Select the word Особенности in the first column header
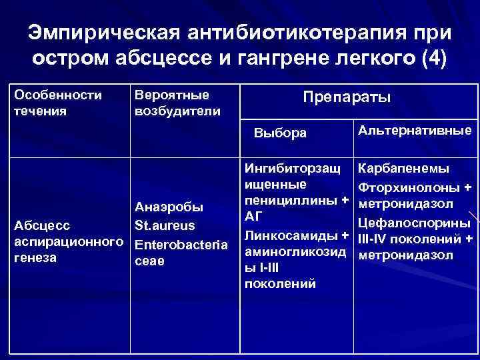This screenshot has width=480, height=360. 58,95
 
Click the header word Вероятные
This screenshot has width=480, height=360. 172,95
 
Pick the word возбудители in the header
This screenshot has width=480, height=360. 177,110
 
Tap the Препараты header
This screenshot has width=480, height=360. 347,97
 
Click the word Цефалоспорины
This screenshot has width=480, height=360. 415,221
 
